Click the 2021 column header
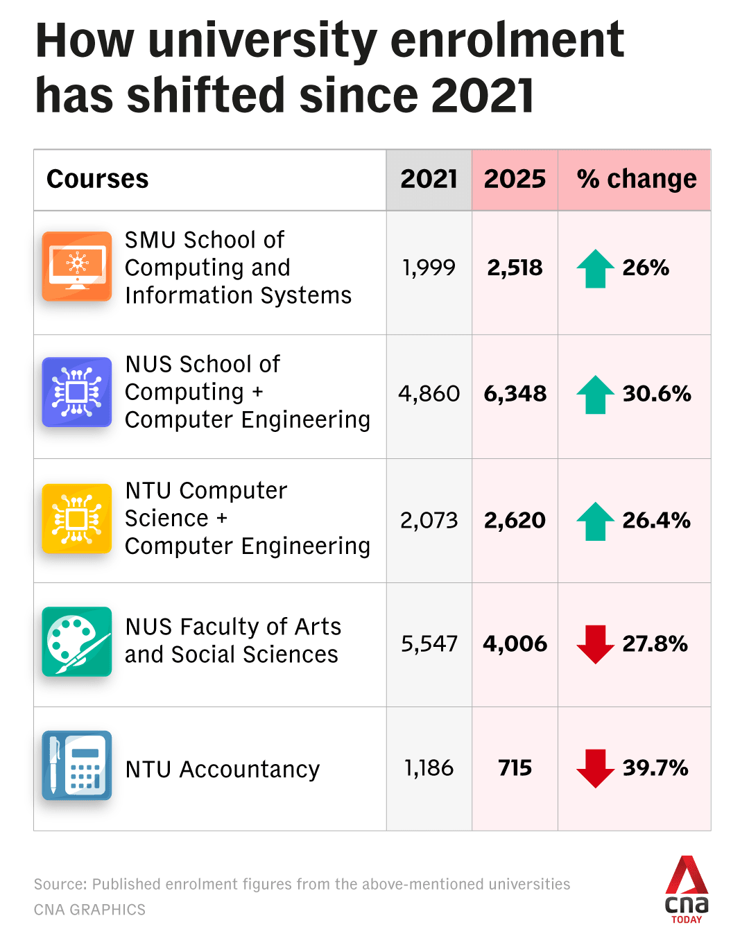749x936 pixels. coord(429,179)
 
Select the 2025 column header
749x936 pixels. coord(515,179)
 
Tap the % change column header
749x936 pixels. coord(636,179)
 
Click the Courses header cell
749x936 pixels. coord(98,179)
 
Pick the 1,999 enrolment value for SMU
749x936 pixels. coord(429,268)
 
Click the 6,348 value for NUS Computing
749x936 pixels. coord(515,394)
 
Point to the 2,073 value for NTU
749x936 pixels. coord(429,520)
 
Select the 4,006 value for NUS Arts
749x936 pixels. coord(515,643)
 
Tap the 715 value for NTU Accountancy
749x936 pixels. coord(515,768)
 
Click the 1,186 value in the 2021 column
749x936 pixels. coord(429,768)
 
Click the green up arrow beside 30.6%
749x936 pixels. coord(595,395)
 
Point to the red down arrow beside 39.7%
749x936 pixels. coord(595,768)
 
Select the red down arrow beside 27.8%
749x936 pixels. coord(595,644)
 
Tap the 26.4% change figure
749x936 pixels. coord(656,520)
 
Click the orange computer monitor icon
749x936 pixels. coord(77,266)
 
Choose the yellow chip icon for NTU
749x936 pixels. coord(77,519)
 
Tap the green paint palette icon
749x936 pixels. coord(77,641)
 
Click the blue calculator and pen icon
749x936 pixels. coord(77,765)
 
